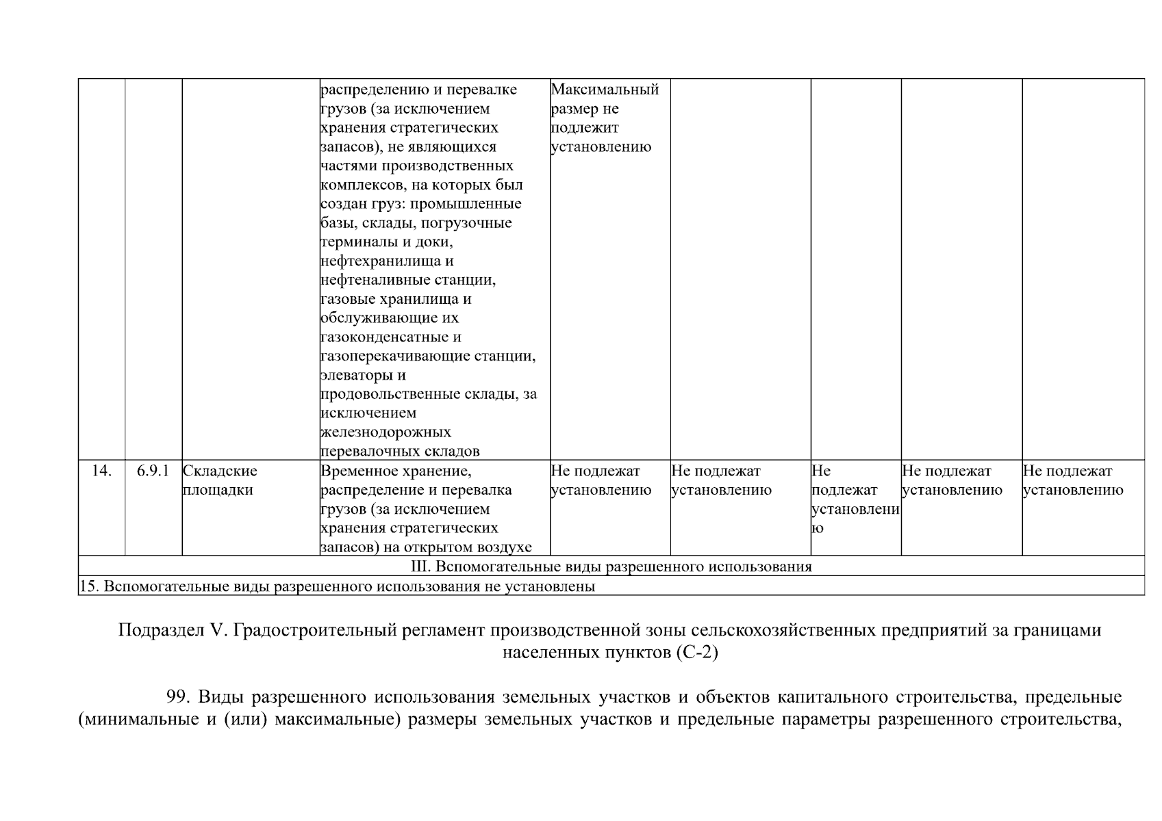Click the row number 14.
point(101,471)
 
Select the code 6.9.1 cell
point(153,471)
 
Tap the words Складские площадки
point(219,480)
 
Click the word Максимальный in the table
point(605,90)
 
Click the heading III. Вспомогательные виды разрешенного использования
point(611,566)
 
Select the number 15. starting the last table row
point(88,586)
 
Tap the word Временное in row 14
point(357,471)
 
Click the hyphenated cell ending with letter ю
point(855,499)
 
